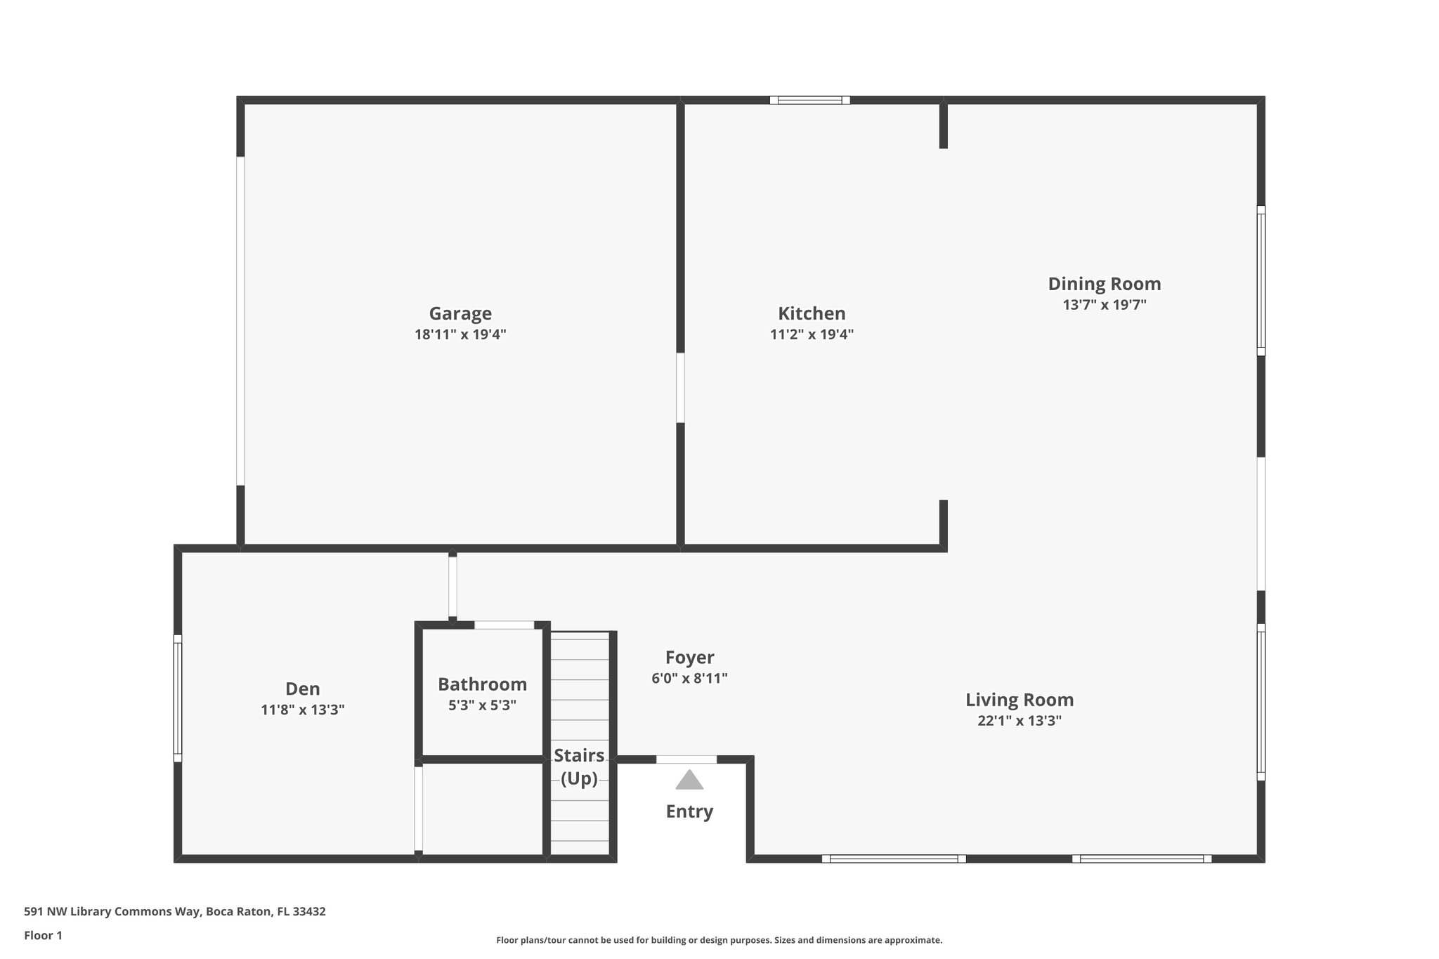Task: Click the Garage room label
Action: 460,313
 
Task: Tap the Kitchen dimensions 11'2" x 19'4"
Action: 812,334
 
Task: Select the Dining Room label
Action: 1104,284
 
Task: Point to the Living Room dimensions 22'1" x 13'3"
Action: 1019,721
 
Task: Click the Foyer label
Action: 689,658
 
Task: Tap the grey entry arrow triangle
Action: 689,780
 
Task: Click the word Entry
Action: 689,811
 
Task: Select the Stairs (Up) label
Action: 579,766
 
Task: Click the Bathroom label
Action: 482,684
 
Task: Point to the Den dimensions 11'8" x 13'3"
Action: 302,710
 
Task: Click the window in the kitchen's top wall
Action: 809,100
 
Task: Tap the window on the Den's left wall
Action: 178,698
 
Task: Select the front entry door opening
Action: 686,759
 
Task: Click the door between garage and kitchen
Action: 680,388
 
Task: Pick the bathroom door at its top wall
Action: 504,625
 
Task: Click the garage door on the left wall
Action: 240,320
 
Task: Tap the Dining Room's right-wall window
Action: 1261,281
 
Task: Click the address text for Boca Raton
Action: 175,912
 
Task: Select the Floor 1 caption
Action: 43,935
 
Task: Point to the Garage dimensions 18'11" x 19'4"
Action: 460,334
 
